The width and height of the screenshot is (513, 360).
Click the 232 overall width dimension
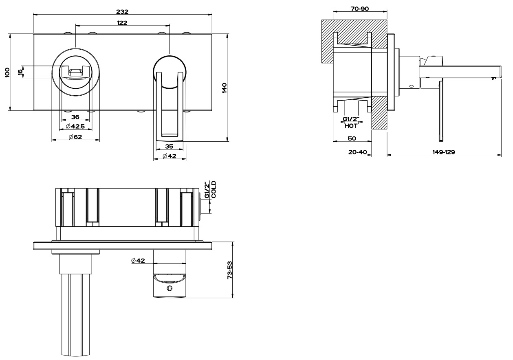click(122, 11)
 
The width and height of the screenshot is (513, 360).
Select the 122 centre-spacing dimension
click(122, 23)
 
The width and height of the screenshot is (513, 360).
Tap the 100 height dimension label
click(7, 72)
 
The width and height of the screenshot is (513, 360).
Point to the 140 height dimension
click(224, 87)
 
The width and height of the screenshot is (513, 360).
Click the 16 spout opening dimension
click(20, 72)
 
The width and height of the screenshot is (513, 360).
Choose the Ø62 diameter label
click(76, 137)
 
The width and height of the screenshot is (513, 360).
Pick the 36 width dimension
click(75, 117)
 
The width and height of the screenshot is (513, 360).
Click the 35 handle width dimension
click(170, 146)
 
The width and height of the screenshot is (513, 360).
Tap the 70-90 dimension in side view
click(359, 9)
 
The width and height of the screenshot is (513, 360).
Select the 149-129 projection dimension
click(443, 152)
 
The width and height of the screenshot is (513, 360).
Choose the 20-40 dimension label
click(358, 152)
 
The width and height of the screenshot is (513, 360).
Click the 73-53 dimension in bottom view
click(230, 270)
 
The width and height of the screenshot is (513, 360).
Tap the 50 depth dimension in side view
click(352, 138)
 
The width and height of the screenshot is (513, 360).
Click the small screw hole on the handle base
click(170, 288)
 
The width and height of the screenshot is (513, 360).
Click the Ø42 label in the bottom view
click(138, 260)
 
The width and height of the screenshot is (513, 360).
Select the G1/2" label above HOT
click(351, 119)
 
